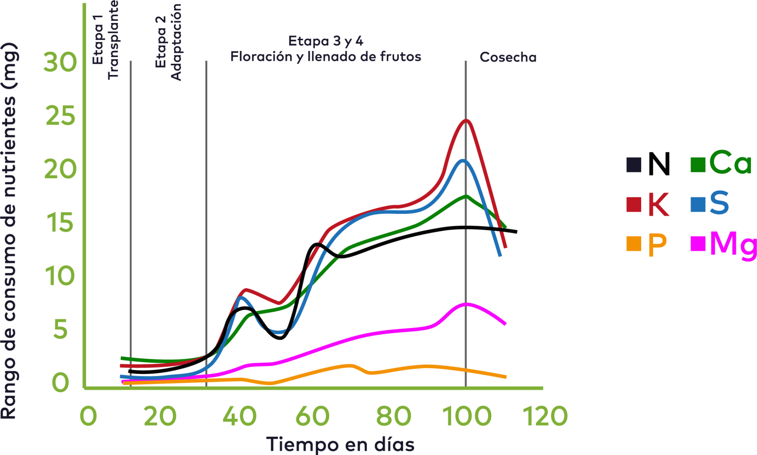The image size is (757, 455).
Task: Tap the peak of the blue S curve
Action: (x=463, y=161)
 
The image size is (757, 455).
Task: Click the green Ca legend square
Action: (x=698, y=165)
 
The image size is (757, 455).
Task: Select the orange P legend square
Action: (x=634, y=244)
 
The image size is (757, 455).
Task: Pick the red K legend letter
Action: (x=659, y=204)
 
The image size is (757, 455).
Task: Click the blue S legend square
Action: (x=698, y=204)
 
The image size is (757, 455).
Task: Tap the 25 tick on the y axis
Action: (x=60, y=116)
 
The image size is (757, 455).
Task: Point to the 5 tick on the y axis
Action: (x=60, y=329)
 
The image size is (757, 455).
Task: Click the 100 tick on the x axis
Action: (x=467, y=416)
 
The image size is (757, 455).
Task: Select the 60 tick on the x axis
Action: (x=312, y=416)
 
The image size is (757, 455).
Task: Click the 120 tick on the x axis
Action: (x=545, y=416)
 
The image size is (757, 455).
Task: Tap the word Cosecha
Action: (x=508, y=57)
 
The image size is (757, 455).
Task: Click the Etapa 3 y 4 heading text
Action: (x=325, y=41)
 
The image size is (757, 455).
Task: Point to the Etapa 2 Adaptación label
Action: (x=168, y=42)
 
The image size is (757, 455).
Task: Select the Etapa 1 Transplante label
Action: (x=106, y=40)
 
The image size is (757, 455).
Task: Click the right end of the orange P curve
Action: (x=505, y=377)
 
